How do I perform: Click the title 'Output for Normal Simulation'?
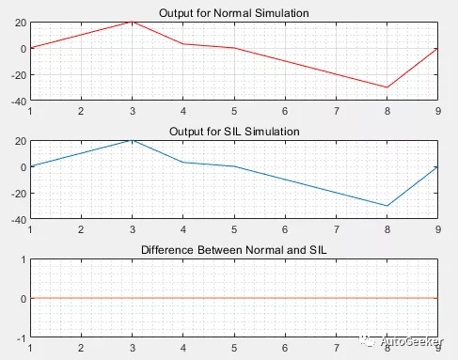click(x=233, y=11)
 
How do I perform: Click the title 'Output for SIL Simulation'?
click(x=233, y=131)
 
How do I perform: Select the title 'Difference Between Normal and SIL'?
click(x=233, y=250)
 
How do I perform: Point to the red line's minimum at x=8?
click(x=387, y=86)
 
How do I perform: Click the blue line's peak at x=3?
click(x=133, y=140)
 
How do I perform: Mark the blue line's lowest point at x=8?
click(x=387, y=205)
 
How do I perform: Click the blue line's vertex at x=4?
click(x=183, y=163)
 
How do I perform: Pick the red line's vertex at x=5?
click(x=234, y=48)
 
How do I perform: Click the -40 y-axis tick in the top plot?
click(x=16, y=101)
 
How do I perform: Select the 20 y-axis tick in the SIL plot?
click(x=19, y=140)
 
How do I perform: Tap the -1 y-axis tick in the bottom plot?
click(x=21, y=337)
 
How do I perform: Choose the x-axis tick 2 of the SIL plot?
click(x=82, y=229)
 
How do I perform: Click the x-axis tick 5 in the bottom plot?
click(x=234, y=348)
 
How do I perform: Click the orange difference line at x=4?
click(x=183, y=298)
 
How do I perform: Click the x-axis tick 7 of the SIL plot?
click(x=336, y=229)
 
